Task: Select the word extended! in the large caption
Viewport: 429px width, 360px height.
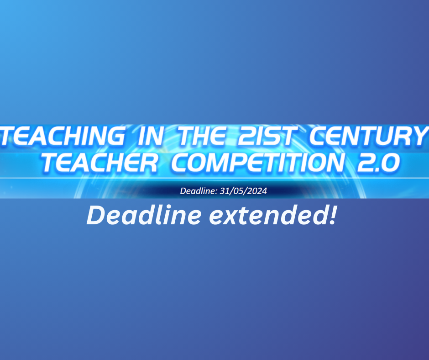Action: tap(272, 216)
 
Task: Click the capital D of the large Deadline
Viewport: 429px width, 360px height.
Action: tap(96, 216)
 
